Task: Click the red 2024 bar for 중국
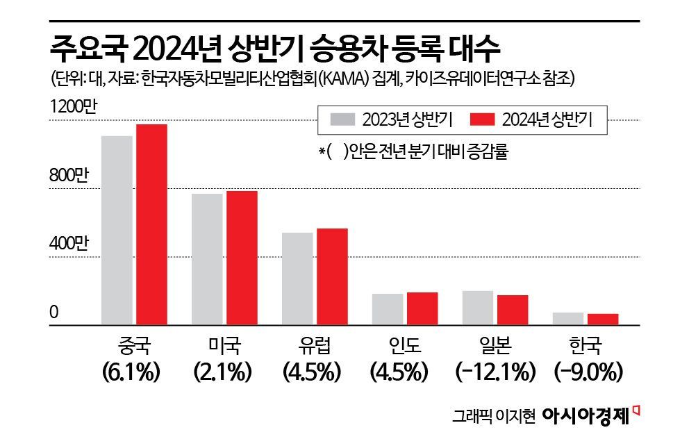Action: point(151,224)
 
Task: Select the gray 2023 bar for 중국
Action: point(117,230)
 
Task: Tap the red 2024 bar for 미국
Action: point(242,258)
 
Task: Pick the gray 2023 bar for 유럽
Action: point(297,279)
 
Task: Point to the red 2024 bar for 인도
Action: point(422,308)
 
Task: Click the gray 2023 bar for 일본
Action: point(477,308)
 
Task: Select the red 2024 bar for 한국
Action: point(603,319)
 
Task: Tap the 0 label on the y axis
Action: point(53,313)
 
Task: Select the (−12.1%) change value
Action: point(495,372)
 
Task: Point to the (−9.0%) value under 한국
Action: point(588,372)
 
